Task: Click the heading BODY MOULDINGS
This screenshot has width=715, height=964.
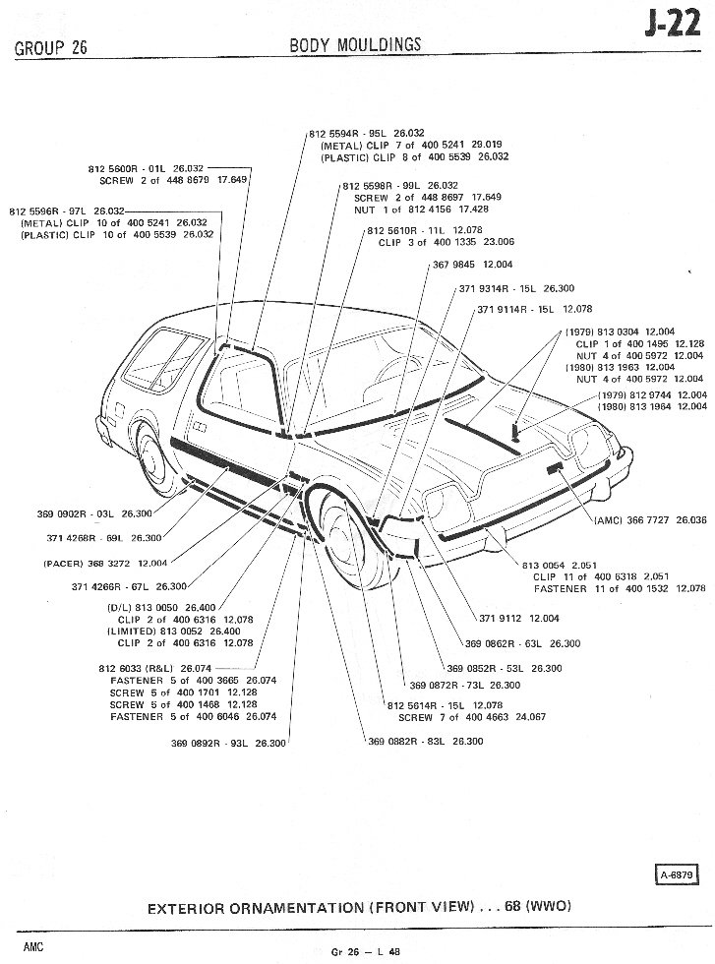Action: tap(355, 44)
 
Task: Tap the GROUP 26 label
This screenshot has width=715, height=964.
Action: tap(51, 48)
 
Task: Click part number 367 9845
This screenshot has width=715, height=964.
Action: tap(458, 265)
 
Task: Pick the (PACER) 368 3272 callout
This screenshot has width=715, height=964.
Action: tap(105, 564)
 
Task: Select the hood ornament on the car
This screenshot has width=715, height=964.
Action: tap(515, 431)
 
